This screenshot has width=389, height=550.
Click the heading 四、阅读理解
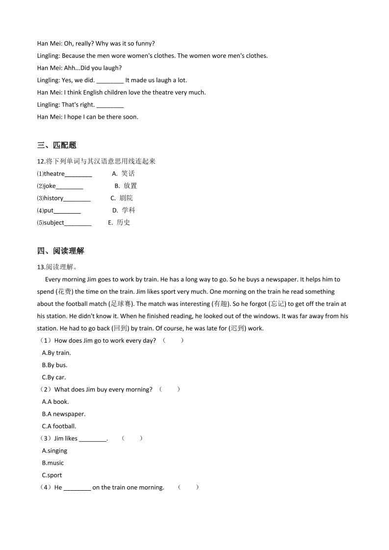[x=60, y=251]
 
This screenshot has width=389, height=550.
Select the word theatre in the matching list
[x=54, y=174]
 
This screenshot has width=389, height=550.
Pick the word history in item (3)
[x=53, y=198]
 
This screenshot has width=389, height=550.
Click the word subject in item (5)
[x=54, y=223]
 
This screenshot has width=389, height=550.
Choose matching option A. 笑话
[x=123, y=174]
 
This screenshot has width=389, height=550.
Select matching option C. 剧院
[x=122, y=198]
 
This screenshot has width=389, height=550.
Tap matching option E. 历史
[x=119, y=223]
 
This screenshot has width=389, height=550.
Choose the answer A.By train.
[x=56, y=353]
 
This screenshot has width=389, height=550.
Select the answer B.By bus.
[x=54, y=365]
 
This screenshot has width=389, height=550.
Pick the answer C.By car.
[x=54, y=377]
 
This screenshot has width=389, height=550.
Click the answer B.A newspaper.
[x=64, y=414]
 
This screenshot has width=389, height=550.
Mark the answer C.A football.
[x=59, y=426]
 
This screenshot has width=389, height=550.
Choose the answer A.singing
[x=54, y=451]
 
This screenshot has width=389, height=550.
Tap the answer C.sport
[x=52, y=475]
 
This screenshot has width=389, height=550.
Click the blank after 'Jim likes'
[x=92, y=439]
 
